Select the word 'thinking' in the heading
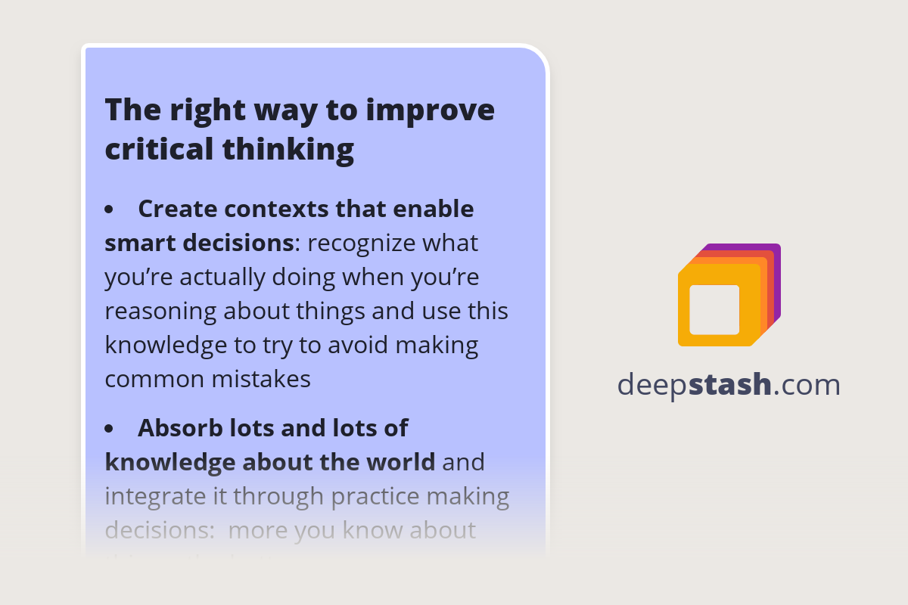(288, 149)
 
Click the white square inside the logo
(714, 310)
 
